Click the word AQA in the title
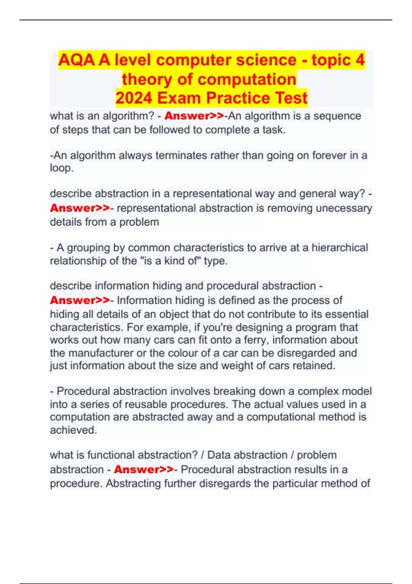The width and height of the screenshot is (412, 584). (x=77, y=60)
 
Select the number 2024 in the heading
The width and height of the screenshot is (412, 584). (x=133, y=98)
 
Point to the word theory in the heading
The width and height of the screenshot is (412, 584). (x=147, y=79)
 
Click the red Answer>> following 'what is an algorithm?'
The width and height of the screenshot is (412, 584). (x=194, y=116)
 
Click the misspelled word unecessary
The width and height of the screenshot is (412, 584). (x=344, y=208)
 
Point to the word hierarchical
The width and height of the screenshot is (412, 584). (x=340, y=248)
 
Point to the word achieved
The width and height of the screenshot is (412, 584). (x=72, y=430)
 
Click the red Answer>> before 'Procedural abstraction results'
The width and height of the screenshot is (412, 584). (x=144, y=470)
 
